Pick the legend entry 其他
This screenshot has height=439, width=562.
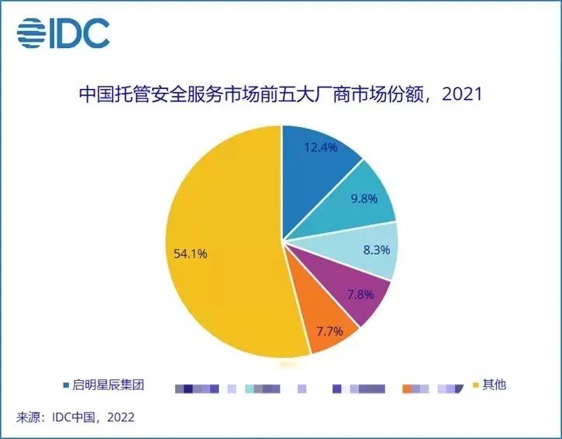[x=494, y=384]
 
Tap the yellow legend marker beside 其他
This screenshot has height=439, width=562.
[x=475, y=384]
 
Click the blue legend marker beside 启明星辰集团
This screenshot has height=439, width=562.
[x=66, y=385]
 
